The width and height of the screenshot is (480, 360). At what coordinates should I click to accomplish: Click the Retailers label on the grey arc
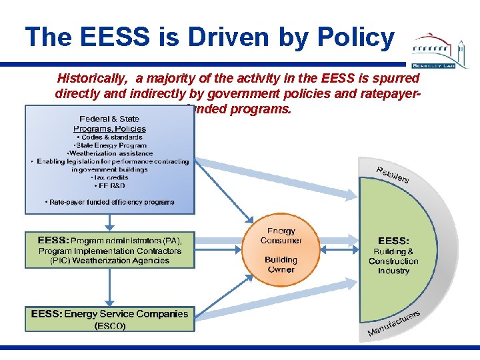(x=393, y=174)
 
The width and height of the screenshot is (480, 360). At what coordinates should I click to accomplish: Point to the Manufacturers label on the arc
(x=393, y=323)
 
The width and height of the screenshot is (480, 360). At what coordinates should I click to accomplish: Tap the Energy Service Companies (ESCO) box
(x=109, y=319)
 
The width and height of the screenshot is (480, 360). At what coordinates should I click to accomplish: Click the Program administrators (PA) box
(x=109, y=250)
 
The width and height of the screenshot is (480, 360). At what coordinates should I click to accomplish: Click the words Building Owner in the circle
(x=281, y=265)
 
